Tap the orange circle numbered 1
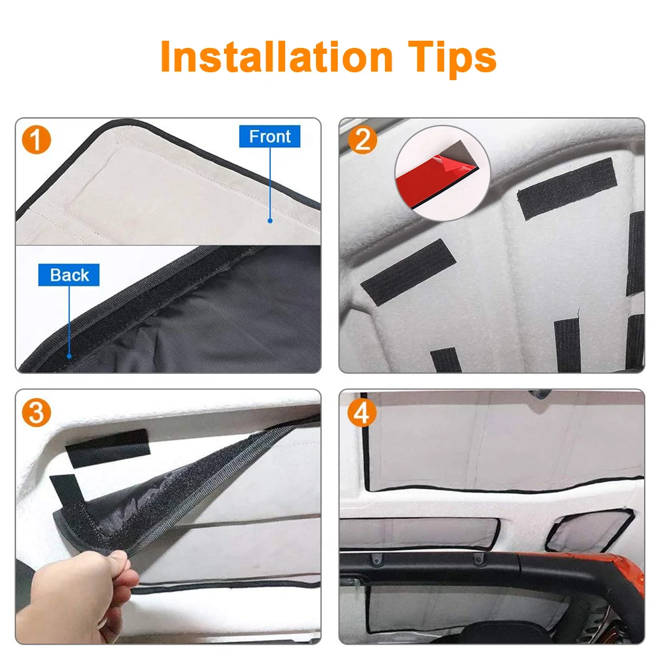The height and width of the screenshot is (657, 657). (37, 141)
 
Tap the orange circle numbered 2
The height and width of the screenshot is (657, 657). (363, 141)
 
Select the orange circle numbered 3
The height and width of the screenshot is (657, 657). (37, 413)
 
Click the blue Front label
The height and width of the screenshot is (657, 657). (269, 137)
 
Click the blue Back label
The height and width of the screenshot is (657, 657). (69, 275)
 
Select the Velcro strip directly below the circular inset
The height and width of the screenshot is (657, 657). (566, 189)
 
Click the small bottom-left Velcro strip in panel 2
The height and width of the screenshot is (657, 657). (446, 360)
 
